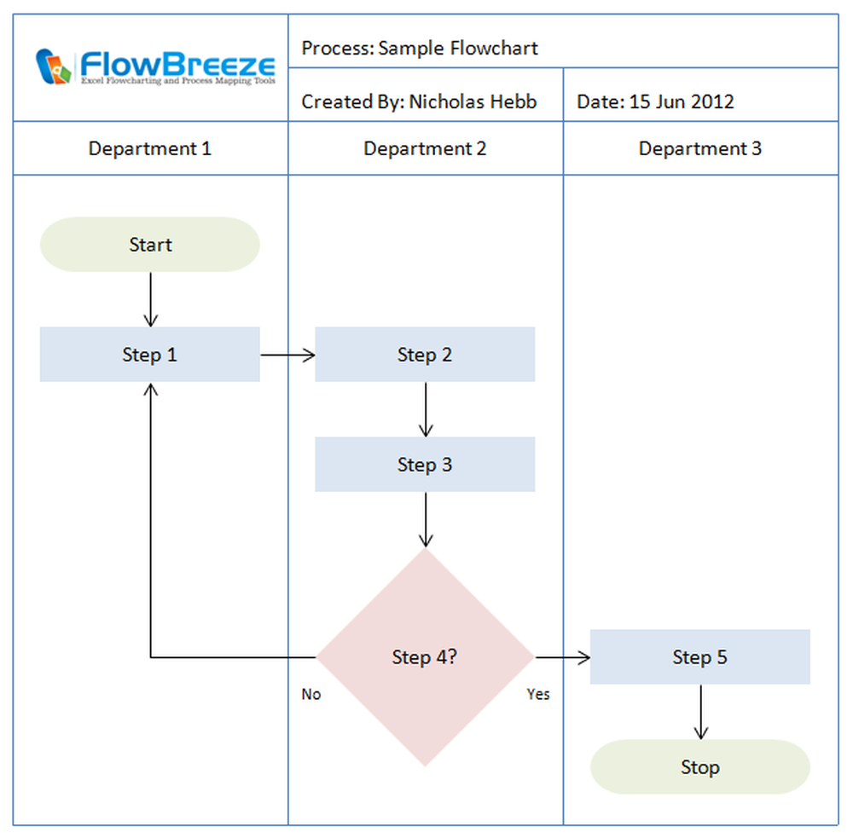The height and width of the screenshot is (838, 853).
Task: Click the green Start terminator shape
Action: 149,245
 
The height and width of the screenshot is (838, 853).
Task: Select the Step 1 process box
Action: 149,355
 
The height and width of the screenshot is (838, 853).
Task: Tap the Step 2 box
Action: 425,355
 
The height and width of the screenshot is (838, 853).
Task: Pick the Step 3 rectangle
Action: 425,465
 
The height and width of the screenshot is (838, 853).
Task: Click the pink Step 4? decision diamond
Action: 425,657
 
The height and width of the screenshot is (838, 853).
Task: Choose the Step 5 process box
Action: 699,657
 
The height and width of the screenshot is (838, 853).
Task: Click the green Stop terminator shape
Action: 699,767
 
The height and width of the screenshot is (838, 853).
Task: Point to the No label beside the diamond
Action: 311,695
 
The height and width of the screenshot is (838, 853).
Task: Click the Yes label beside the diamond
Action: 538,695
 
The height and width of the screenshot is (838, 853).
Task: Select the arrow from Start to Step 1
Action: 151,300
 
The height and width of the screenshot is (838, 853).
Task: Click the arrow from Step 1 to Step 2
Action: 287,355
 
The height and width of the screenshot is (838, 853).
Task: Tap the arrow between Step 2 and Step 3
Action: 426,409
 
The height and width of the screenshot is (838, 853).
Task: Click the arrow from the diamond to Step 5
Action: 562,657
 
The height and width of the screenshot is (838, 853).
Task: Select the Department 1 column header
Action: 150,149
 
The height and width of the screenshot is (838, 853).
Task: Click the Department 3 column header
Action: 700,149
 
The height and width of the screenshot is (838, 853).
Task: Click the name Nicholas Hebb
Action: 473,102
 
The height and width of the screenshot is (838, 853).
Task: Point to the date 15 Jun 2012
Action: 681,102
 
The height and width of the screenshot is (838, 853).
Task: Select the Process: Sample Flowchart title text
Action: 420,48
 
